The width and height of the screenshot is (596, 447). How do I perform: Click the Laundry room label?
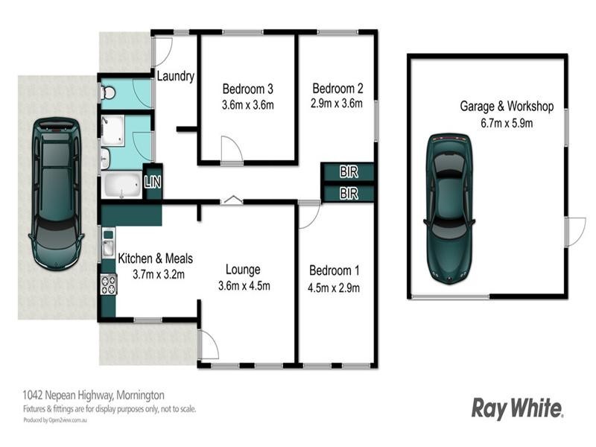(176, 76)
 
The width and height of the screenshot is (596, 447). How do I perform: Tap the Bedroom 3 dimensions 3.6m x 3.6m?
(248, 105)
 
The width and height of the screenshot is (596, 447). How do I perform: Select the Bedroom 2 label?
(337, 86)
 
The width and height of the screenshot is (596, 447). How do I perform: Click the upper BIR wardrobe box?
(348, 172)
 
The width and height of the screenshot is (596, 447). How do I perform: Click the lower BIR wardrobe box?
(348, 193)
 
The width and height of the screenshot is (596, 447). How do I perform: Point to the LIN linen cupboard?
(152, 181)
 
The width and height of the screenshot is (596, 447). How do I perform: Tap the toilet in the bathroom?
(108, 92)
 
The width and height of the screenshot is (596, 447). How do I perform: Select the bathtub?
(121, 186)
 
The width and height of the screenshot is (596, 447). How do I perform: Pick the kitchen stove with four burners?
(108, 284)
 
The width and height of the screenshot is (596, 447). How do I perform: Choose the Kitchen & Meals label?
(156, 259)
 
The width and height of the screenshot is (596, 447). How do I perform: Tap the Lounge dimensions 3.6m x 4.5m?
(244, 285)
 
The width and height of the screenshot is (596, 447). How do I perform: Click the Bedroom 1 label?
(335, 270)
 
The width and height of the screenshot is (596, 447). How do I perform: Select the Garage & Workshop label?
(506, 107)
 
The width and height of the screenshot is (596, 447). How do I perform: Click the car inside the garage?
(449, 207)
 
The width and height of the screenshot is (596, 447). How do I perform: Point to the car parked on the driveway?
(56, 194)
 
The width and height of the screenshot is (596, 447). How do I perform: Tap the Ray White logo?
(517, 408)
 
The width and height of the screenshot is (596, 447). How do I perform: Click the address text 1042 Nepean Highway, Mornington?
(92, 395)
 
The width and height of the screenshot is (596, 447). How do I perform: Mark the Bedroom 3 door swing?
(231, 152)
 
